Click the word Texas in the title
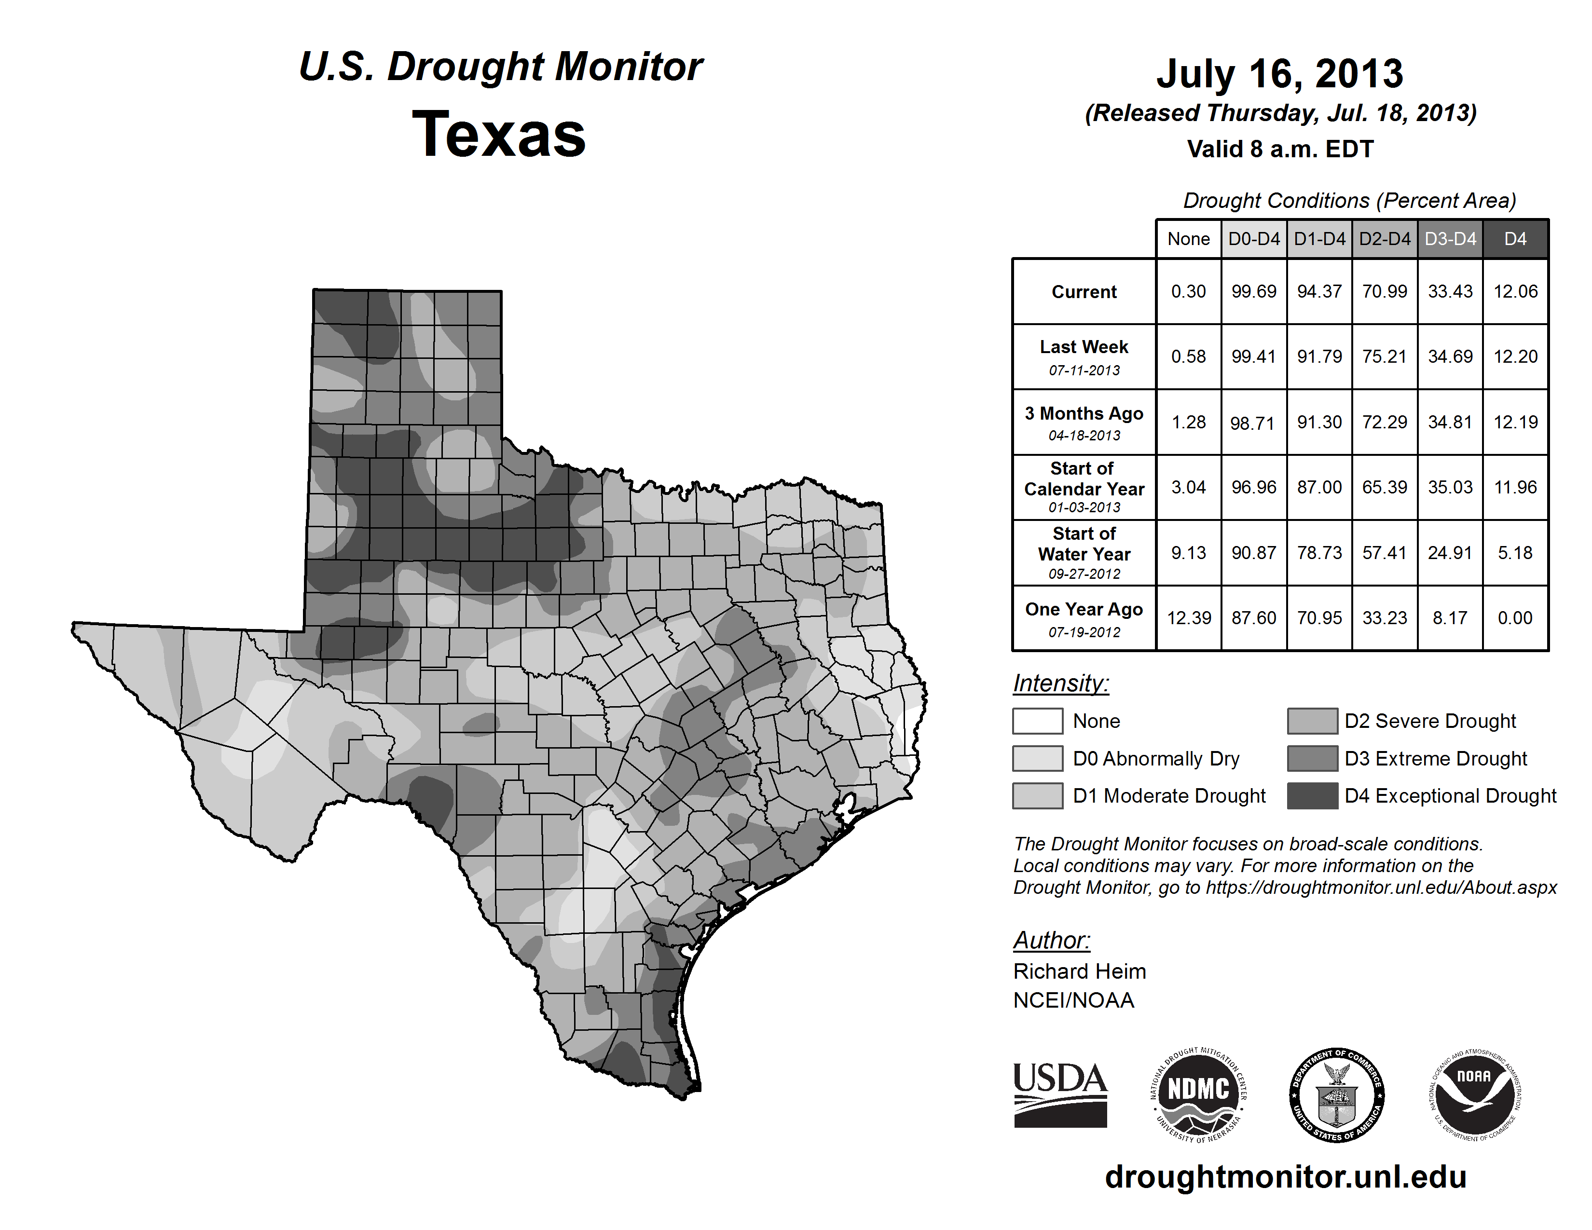[499, 135]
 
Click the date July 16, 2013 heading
[1279, 74]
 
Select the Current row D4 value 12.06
[1515, 291]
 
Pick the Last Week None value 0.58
[1188, 356]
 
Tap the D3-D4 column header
[1450, 239]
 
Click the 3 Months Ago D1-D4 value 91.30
[1318, 422]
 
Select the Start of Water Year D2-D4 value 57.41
[1384, 552]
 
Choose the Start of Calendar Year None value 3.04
[1188, 487]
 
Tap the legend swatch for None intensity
[1037, 721]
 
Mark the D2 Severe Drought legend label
[1429, 721]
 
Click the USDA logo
[1060, 1094]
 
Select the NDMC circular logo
[1198, 1094]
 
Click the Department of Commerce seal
[1336, 1094]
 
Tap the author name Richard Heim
[1079, 971]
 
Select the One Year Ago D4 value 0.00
[1515, 618]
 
